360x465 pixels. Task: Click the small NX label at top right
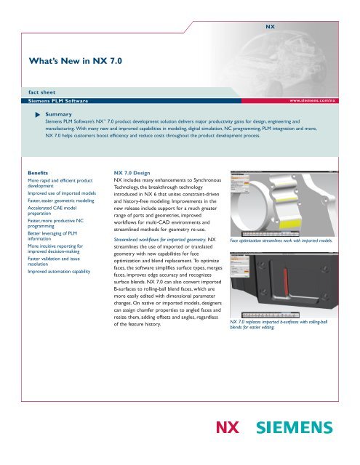(x=268, y=25)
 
